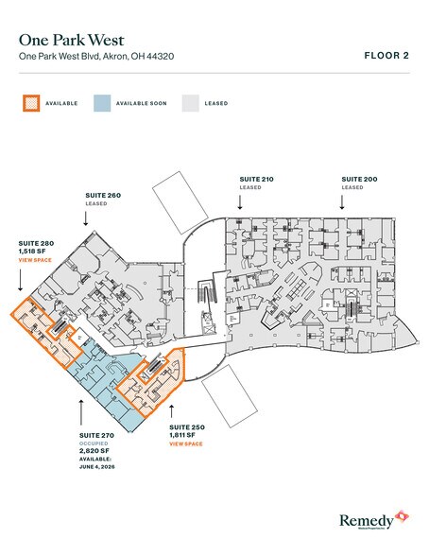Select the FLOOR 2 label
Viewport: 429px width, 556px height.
[x=386, y=56]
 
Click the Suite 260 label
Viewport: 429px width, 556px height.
[x=102, y=196]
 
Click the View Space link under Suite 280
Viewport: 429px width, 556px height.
[x=35, y=259]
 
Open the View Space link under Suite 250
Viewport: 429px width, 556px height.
[x=185, y=443]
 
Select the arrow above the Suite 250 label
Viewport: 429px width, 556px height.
[x=171, y=409]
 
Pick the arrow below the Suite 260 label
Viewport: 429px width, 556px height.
[x=87, y=217]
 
